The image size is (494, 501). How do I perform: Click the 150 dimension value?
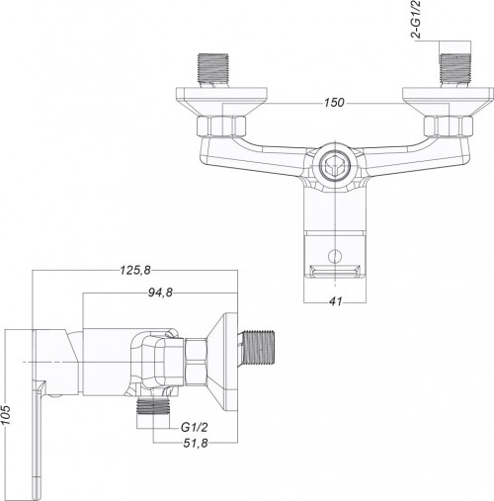pyautogui.click(x=334, y=103)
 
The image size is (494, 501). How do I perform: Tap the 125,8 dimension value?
pyautogui.click(x=135, y=270)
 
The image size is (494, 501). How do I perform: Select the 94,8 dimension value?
pyautogui.click(x=160, y=292)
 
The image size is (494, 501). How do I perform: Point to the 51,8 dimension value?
pyautogui.click(x=196, y=443)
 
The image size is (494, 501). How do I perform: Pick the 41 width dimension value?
pyautogui.click(x=335, y=301)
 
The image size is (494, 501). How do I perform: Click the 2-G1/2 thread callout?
pyautogui.click(x=417, y=20)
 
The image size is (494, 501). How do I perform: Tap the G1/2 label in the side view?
pyautogui.click(x=195, y=427)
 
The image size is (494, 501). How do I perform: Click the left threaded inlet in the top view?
pyautogui.click(x=212, y=70)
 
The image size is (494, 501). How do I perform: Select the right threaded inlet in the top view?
pyautogui.click(x=455, y=70)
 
